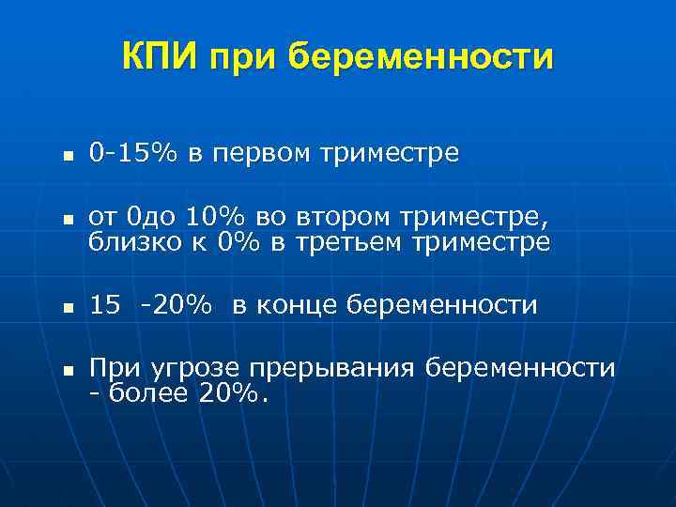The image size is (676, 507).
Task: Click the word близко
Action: coord(132,243)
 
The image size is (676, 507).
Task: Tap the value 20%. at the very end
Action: coord(234,393)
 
